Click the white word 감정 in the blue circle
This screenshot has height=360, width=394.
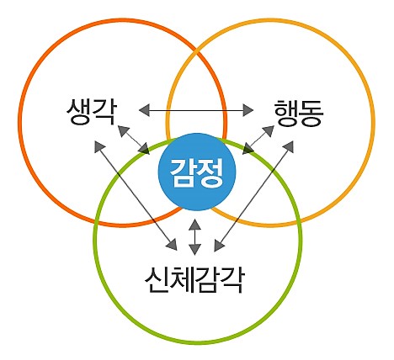pyautogui.click(x=197, y=171)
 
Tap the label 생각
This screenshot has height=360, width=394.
pyautogui.click(x=90, y=111)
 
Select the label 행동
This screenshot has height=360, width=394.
pyautogui.click(x=299, y=111)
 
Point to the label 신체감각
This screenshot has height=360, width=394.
pyautogui.click(x=194, y=278)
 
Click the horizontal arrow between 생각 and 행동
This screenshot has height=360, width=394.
pyautogui.click(x=196, y=109)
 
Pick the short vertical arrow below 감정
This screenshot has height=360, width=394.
pyautogui.click(x=195, y=236)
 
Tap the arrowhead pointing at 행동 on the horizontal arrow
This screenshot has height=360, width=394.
pyautogui.click(x=249, y=109)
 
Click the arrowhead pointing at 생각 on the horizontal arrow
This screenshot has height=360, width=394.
pyautogui.click(x=143, y=109)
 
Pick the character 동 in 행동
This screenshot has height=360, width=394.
pyautogui.click(x=311, y=111)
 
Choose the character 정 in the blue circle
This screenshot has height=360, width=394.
pyautogui.click(x=210, y=171)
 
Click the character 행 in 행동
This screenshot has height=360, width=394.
pyautogui.click(x=286, y=111)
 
